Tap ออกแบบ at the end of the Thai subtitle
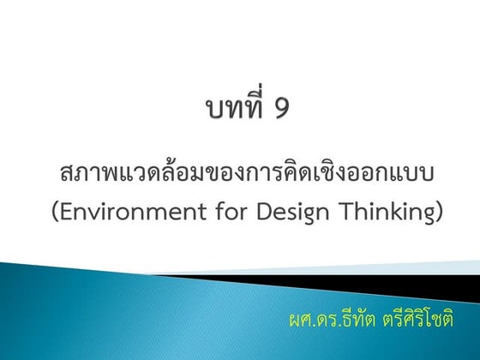[x=395, y=173]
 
